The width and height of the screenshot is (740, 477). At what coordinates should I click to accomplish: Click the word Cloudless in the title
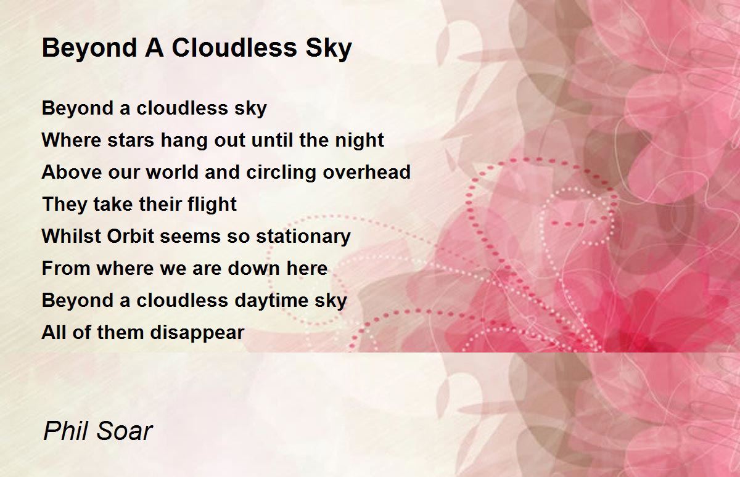pos(234,47)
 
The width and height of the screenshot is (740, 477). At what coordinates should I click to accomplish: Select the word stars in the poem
pos(131,140)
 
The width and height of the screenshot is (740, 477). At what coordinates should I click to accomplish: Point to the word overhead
pos(366,172)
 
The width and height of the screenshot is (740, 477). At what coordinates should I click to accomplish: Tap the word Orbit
pos(131,236)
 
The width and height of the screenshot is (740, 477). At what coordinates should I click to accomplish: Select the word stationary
pos(303,237)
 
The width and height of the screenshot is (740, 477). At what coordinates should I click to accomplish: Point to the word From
pos(66,268)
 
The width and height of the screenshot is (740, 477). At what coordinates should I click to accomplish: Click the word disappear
pos(197,333)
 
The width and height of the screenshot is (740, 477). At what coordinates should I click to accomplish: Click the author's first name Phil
pos(65,431)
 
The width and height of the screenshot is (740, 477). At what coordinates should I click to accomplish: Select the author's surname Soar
pos(125,431)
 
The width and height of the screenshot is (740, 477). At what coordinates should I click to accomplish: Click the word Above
pos(72,172)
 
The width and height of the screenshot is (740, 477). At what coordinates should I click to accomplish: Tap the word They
pos(65,205)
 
